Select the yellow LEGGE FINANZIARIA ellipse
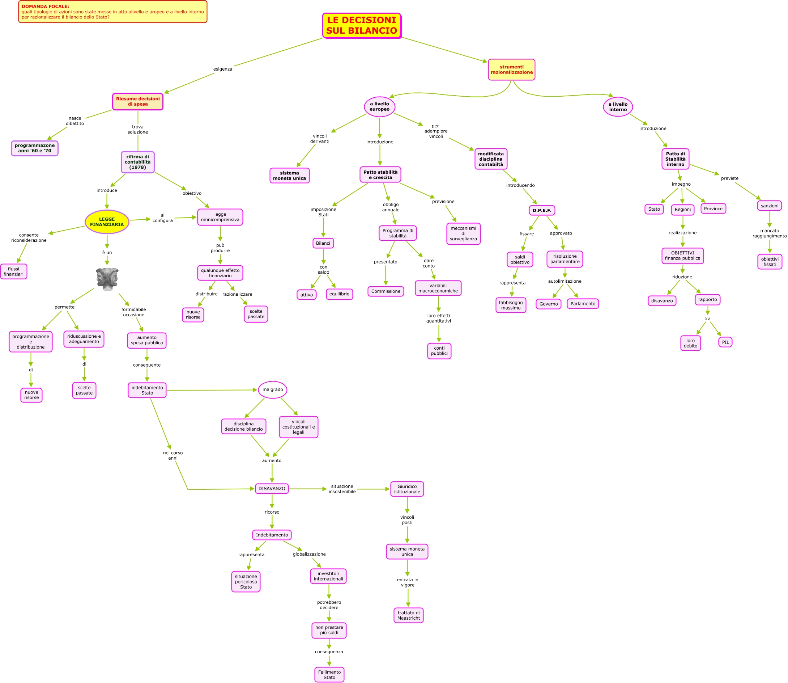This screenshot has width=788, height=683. [107, 222]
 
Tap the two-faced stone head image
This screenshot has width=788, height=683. [107, 279]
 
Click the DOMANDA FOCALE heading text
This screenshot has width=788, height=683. [45, 7]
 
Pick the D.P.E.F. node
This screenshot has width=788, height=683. [542, 210]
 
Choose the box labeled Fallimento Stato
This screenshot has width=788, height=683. [329, 674]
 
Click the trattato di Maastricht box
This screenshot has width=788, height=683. [408, 615]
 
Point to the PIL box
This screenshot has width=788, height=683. [725, 342]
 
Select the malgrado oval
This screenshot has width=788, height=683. [272, 389]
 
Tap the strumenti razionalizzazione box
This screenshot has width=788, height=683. [511, 69]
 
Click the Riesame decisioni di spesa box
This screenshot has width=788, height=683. [137, 101]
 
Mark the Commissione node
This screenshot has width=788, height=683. [386, 291]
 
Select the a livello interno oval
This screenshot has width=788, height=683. [618, 107]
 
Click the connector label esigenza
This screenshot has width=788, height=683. [222, 69]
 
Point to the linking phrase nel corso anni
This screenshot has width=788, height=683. [172, 455]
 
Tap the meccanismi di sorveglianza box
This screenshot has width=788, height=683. [463, 233]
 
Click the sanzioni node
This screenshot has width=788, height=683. [769, 206]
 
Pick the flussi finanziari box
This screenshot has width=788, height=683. [13, 271]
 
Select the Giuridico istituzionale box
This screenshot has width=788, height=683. [407, 489]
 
